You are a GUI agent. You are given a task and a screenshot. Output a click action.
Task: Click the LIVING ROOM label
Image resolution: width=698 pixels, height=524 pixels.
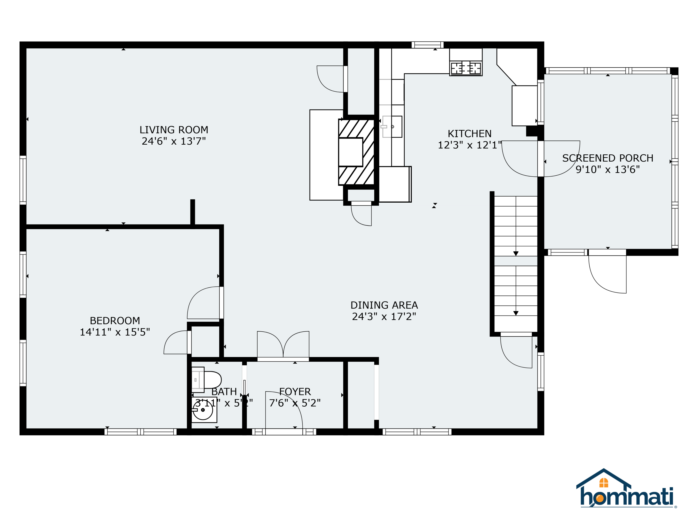tap(174, 130)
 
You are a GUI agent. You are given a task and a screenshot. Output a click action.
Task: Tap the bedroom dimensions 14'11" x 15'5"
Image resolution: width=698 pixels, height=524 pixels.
tap(115, 332)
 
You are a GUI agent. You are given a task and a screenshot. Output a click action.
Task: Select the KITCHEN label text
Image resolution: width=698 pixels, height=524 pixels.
tap(470, 134)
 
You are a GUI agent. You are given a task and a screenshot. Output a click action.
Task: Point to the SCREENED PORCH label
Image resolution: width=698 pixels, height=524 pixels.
tap(607, 158)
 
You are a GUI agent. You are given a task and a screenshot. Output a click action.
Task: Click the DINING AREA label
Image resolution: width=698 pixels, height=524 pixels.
tap(384, 305)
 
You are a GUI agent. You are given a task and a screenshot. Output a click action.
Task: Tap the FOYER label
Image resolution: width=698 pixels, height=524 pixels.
tap(295, 392)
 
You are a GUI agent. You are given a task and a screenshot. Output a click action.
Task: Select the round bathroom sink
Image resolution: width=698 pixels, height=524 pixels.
tap(203, 410)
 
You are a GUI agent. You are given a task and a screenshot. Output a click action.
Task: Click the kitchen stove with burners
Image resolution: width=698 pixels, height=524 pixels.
tap(466, 68)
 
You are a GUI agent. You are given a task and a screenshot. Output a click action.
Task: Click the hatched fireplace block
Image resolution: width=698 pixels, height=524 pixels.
tap(357, 152)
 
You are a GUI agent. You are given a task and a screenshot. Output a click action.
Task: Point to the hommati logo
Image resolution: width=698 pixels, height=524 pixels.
tap(626, 489)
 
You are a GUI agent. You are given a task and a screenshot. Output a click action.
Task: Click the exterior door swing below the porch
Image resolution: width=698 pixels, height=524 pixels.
tap(607, 274)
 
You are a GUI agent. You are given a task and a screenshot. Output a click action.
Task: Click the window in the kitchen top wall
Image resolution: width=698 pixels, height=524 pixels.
tap(428, 45)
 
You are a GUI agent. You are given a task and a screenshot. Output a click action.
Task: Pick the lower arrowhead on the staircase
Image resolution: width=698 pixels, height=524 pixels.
tap(516, 313)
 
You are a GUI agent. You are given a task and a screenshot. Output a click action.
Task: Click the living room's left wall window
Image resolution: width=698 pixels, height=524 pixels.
tap(23, 180)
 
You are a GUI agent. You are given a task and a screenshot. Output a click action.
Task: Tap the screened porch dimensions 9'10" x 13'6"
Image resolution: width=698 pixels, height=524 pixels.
tap(607, 170)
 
